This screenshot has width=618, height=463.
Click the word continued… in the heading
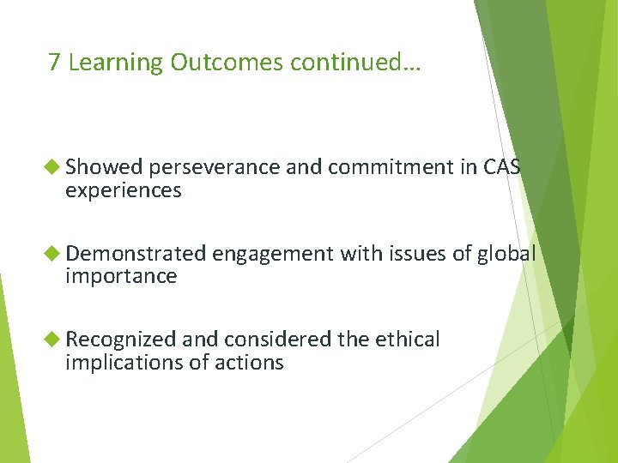coord(355,63)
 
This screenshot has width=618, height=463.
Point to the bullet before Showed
coord(54,167)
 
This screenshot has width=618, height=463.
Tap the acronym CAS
coord(502,167)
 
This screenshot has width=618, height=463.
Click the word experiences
coord(123,191)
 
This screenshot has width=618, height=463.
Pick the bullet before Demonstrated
coord(54,253)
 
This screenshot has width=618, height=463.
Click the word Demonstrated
coord(136,254)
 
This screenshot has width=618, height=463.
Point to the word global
coord(506,254)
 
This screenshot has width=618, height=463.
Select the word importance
coord(121,276)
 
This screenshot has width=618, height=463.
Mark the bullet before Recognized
coord(54,340)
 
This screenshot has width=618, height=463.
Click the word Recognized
coord(121,340)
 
